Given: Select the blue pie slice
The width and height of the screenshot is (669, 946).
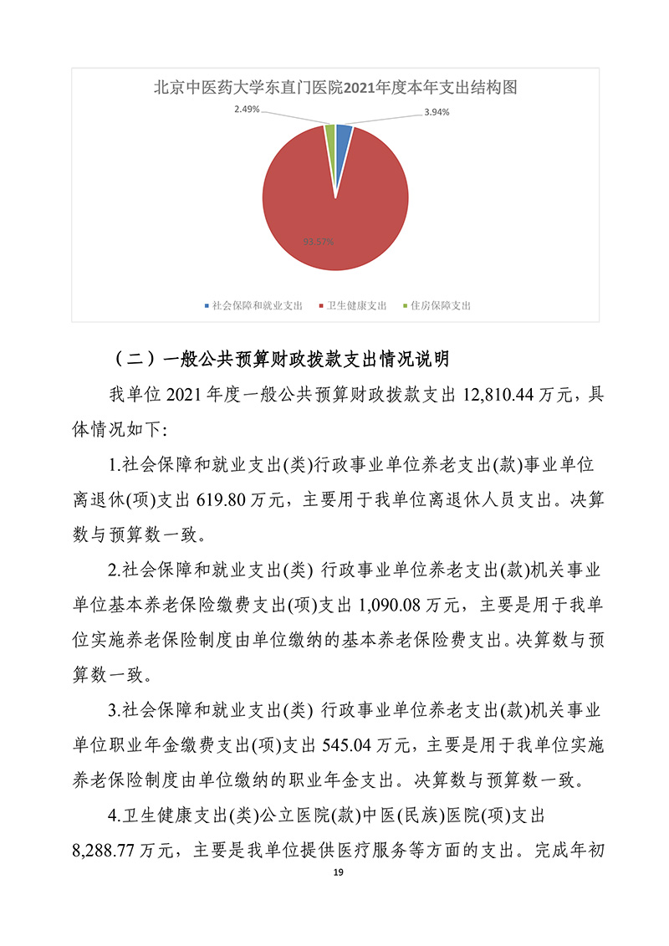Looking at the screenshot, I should (x=342, y=141).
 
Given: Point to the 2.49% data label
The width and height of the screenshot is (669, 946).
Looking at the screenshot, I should (x=247, y=110).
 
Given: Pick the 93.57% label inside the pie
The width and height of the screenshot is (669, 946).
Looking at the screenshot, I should (x=319, y=243).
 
